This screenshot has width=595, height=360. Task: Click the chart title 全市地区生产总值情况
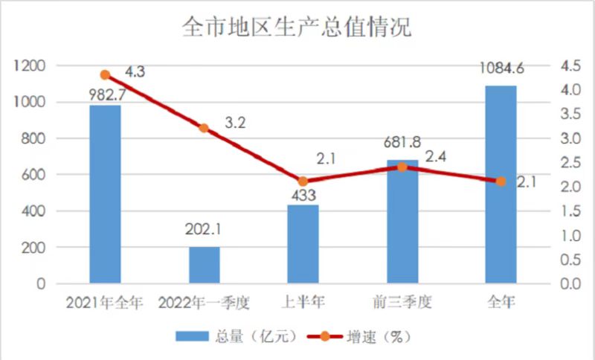[x=297, y=28]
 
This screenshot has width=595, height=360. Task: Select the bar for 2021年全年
[x=105, y=195]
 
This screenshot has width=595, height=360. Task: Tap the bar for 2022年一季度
[x=204, y=266]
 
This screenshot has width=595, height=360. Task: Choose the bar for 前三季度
[x=402, y=222]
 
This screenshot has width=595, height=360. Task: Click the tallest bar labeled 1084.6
[x=501, y=184]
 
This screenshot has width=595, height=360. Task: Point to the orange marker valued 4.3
[x=105, y=75]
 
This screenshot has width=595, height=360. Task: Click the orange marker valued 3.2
[x=204, y=128]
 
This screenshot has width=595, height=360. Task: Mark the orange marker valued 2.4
[x=402, y=167]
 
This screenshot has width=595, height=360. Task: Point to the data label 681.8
[x=402, y=147]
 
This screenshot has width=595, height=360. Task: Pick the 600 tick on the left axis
[x=34, y=175]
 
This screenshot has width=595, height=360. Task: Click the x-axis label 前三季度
[x=402, y=303]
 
